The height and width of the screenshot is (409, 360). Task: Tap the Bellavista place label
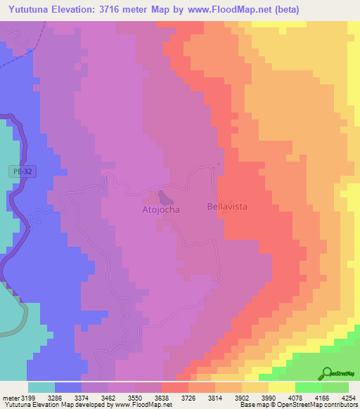pyautogui.click(x=229, y=207)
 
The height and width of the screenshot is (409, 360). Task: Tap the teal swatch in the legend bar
pyautogui.click(x=41, y=387)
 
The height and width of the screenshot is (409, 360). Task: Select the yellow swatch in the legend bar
pyautogui.click(x=281, y=387)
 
